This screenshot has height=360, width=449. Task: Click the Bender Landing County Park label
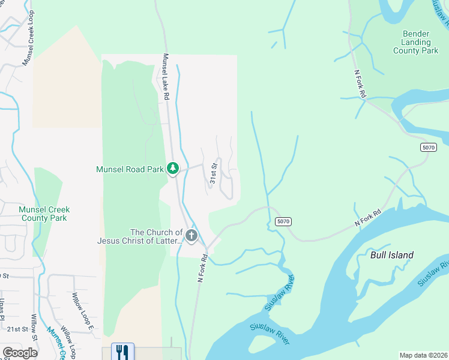(x=412, y=43)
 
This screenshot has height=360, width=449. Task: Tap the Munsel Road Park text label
(x=130, y=170)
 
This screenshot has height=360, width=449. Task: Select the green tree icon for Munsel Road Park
(x=173, y=169)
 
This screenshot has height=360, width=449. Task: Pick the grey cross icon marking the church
(x=191, y=235)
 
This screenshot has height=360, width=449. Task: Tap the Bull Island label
(x=392, y=255)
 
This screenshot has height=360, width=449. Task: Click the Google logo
(x=20, y=353)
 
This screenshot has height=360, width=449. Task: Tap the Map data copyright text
(x=424, y=355)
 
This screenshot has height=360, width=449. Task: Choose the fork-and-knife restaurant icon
(x=122, y=351)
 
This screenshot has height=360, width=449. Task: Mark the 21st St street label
(x=17, y=329)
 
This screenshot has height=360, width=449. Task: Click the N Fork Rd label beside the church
(x=202, y=268)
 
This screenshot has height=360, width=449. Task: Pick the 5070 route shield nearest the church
(x=284, y=221)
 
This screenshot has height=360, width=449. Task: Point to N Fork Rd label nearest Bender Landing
(x=360, y=84)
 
